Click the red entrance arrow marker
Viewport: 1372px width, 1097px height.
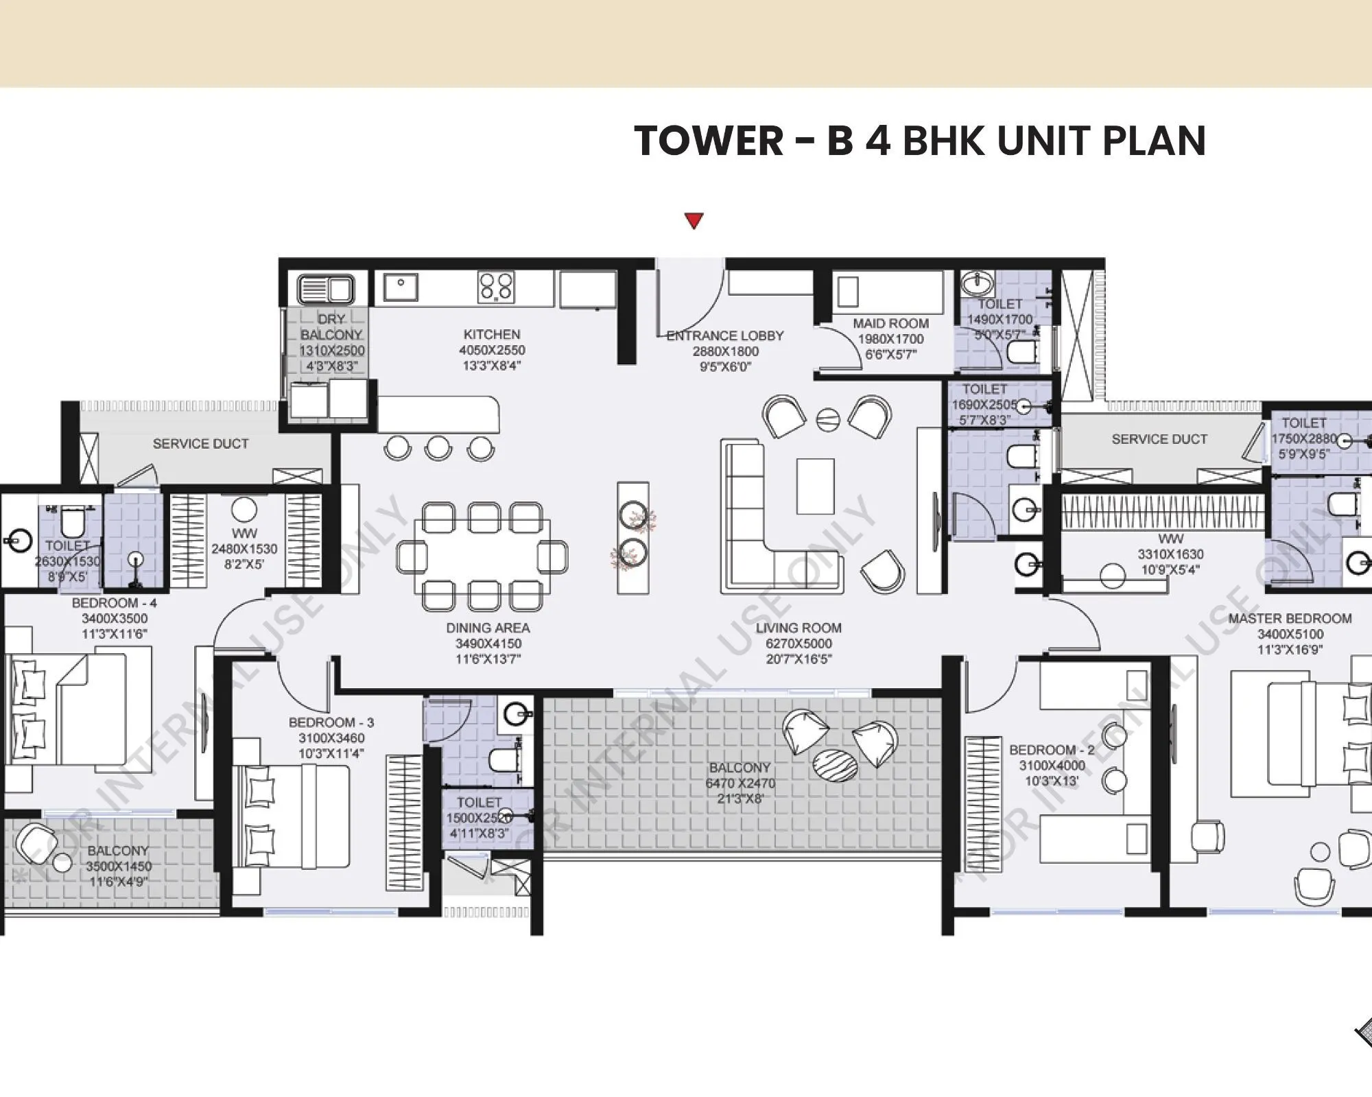click(694, 221)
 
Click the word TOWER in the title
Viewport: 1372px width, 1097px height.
click(709, 141)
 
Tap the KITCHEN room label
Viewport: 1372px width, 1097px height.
click(492, 334)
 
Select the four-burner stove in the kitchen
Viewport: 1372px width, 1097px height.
click(496, 287)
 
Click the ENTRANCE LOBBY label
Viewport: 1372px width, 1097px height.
click(725, 335)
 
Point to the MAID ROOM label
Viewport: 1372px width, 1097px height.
click(890, 323)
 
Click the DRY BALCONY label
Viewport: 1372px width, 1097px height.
click(331, 327)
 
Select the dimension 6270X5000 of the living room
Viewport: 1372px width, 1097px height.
click(799, 644)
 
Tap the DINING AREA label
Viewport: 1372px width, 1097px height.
click(488, 628)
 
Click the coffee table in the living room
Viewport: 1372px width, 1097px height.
click(815, 486)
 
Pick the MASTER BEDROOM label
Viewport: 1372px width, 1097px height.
click(1290, 618)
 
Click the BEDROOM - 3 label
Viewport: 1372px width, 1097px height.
click(331, 722)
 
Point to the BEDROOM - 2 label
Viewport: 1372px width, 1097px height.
click(1052, 750)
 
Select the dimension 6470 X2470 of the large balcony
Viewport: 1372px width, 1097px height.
click(740, 783)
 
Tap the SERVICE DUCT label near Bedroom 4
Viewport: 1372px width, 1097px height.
click(200, 444)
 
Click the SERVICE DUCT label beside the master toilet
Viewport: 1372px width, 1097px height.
click(1159, 439)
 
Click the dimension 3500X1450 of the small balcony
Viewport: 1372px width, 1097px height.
click(119, 866)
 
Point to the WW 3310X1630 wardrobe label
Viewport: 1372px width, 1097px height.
click(1170, 554)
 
